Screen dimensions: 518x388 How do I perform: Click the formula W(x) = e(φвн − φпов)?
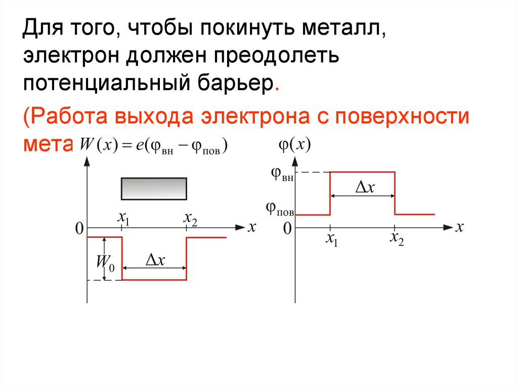click(x=155, y=146)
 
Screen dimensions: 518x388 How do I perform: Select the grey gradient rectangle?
click(x=154, y=188)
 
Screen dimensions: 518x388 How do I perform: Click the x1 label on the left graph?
click(x=123, y=218)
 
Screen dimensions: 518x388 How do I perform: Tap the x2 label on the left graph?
click(x=190, y=218)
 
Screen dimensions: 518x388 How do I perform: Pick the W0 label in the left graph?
click(x=106, y=263)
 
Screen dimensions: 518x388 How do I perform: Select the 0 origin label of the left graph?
click(x=79, y=230)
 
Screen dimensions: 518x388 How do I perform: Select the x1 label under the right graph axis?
click(x=331, y=239)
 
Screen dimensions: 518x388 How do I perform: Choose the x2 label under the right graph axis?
click(x=396, y=239)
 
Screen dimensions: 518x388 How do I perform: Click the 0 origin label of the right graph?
click(x=287, y=229)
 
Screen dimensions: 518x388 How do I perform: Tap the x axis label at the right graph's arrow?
click(x=459, y=227)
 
